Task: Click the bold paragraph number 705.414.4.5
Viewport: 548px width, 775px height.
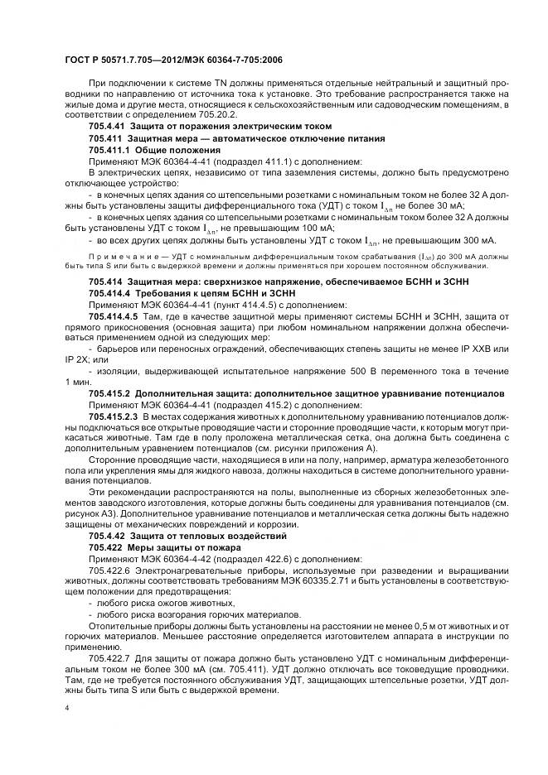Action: [114, 315]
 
